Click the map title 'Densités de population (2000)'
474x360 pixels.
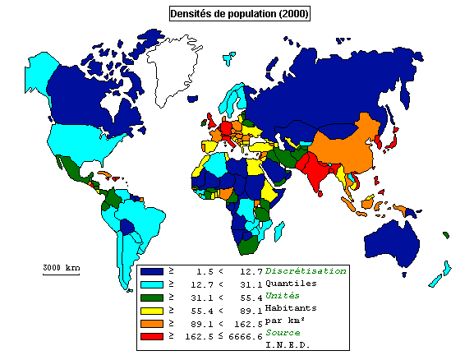239,13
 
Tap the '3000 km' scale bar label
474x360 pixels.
61,268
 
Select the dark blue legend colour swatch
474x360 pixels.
150,270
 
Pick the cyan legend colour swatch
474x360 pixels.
150,284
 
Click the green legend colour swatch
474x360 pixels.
150,297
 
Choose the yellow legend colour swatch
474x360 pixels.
150,310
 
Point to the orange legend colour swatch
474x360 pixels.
150,323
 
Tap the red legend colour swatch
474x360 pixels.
150,336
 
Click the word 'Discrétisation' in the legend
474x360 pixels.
305,270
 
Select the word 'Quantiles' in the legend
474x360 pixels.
292,283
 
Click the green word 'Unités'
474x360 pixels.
283,295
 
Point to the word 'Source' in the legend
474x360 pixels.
283,332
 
